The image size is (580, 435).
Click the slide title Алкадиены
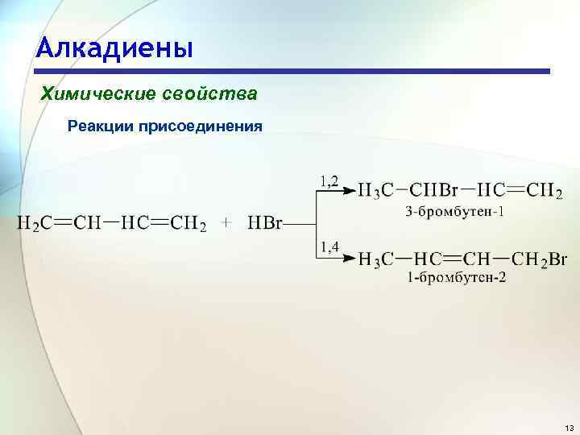point(114,48)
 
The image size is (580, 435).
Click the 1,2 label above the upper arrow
point(329,181)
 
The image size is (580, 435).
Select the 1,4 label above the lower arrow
point(329,246)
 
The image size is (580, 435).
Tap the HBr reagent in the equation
point(265,223)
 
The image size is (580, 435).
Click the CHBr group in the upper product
point(434,191)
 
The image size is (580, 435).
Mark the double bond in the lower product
point(456,259)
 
